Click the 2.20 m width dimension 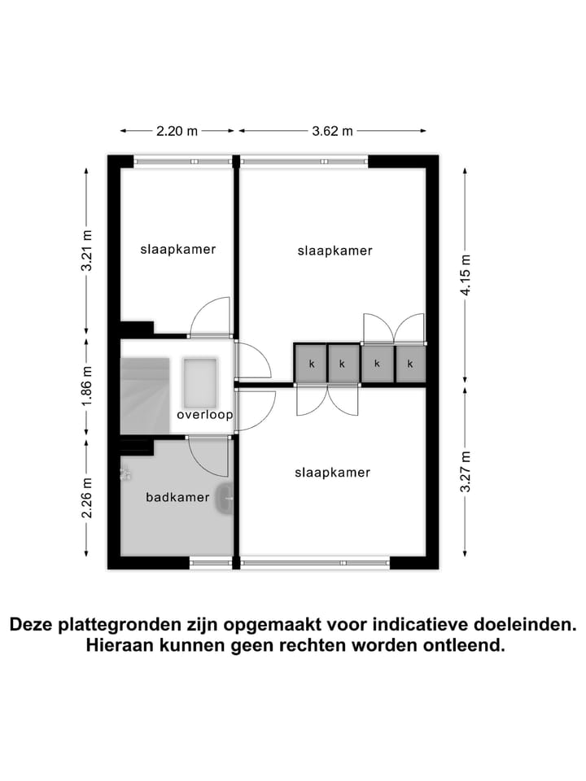point(177,130)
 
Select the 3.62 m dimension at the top point(332,130)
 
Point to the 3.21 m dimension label point(87,254)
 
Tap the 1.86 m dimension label point(87,387)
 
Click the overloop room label point(204,415)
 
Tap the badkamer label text point(177,497)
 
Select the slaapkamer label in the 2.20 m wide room point(178,249)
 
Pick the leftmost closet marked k point(311,364)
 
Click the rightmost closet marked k point(410,364)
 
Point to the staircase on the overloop point(145,395)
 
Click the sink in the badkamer point(225,497)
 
